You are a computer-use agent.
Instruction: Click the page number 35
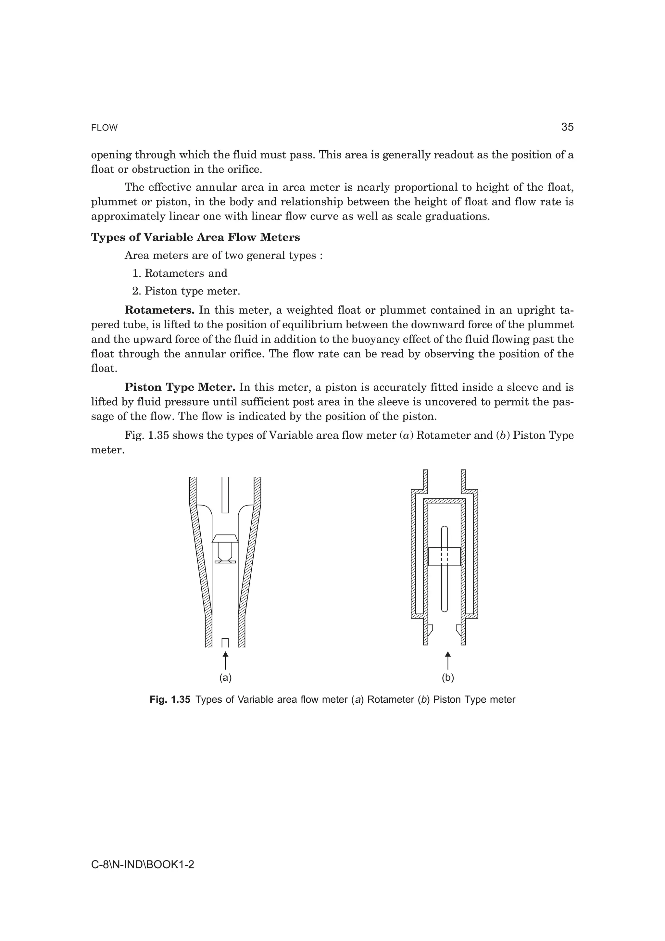click(567, 127)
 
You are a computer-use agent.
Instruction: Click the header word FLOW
click(104, 128)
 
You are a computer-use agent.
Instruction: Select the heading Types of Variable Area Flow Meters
click(195, 237)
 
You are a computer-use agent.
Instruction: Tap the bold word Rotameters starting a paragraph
click(159, 310)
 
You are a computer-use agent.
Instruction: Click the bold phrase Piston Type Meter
click(180, 387)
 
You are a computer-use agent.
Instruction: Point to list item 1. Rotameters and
click(180, 273)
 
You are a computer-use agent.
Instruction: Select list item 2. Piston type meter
click(186, 291)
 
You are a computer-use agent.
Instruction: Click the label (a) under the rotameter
click(225, 678)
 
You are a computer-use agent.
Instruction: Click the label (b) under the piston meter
click(448, 678)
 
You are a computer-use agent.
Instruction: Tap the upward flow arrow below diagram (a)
click(225, 659)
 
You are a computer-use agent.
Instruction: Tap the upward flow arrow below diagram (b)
click(448, 659)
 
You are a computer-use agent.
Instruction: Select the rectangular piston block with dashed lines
click(445, 557)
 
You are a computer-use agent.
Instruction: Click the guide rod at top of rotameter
click(225, 494)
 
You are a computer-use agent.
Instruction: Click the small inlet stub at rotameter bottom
click(225, 643)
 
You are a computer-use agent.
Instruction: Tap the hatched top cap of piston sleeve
click(444, 501)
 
